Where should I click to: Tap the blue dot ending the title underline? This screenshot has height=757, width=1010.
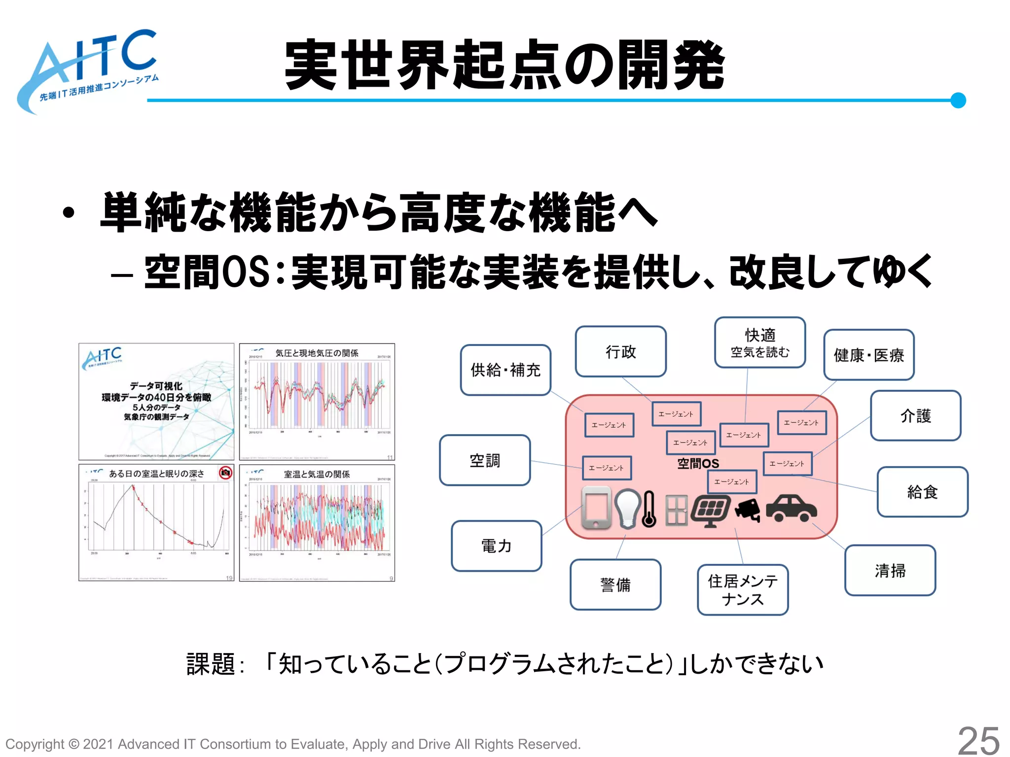[x=958, y=100]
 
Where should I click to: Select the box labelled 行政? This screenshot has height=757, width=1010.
[x=620, y=351]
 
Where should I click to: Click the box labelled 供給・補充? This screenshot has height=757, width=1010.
[x=505, y=370]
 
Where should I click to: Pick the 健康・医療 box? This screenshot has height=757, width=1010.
[x=868, y=355]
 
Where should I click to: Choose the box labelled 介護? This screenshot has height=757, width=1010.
[x=915, y=415]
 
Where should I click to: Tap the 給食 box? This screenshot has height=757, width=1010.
[x=922, y=492]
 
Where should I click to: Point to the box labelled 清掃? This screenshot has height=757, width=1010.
[x=890, y=570]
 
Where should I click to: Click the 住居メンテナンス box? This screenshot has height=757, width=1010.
[x=743, y=590]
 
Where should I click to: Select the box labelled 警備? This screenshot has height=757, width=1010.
[x=615, y=585]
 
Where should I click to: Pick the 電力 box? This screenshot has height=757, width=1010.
[x=496, y=546]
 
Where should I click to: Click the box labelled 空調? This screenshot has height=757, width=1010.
[x=485, y=460]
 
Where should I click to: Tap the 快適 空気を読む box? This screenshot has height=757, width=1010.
[x=760, y=343]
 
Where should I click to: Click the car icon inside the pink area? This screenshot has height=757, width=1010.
[x=791, y=509]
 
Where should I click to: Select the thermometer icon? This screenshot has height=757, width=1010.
[x=649, y=510]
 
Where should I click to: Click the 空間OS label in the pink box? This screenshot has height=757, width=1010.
[x=698, y=463]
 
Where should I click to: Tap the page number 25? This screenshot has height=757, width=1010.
[x=978, y=741]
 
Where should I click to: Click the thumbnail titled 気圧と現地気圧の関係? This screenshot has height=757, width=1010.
[x=317, y=402]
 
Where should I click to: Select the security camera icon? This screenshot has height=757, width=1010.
[x=748, y=510]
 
